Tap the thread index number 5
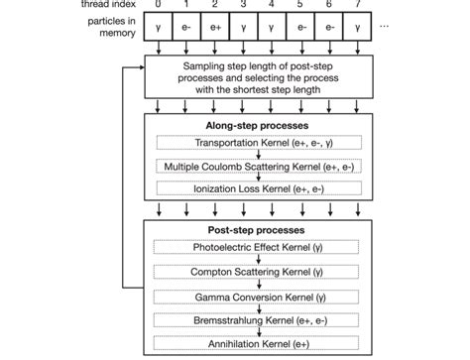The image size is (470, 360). coord(301,6)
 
